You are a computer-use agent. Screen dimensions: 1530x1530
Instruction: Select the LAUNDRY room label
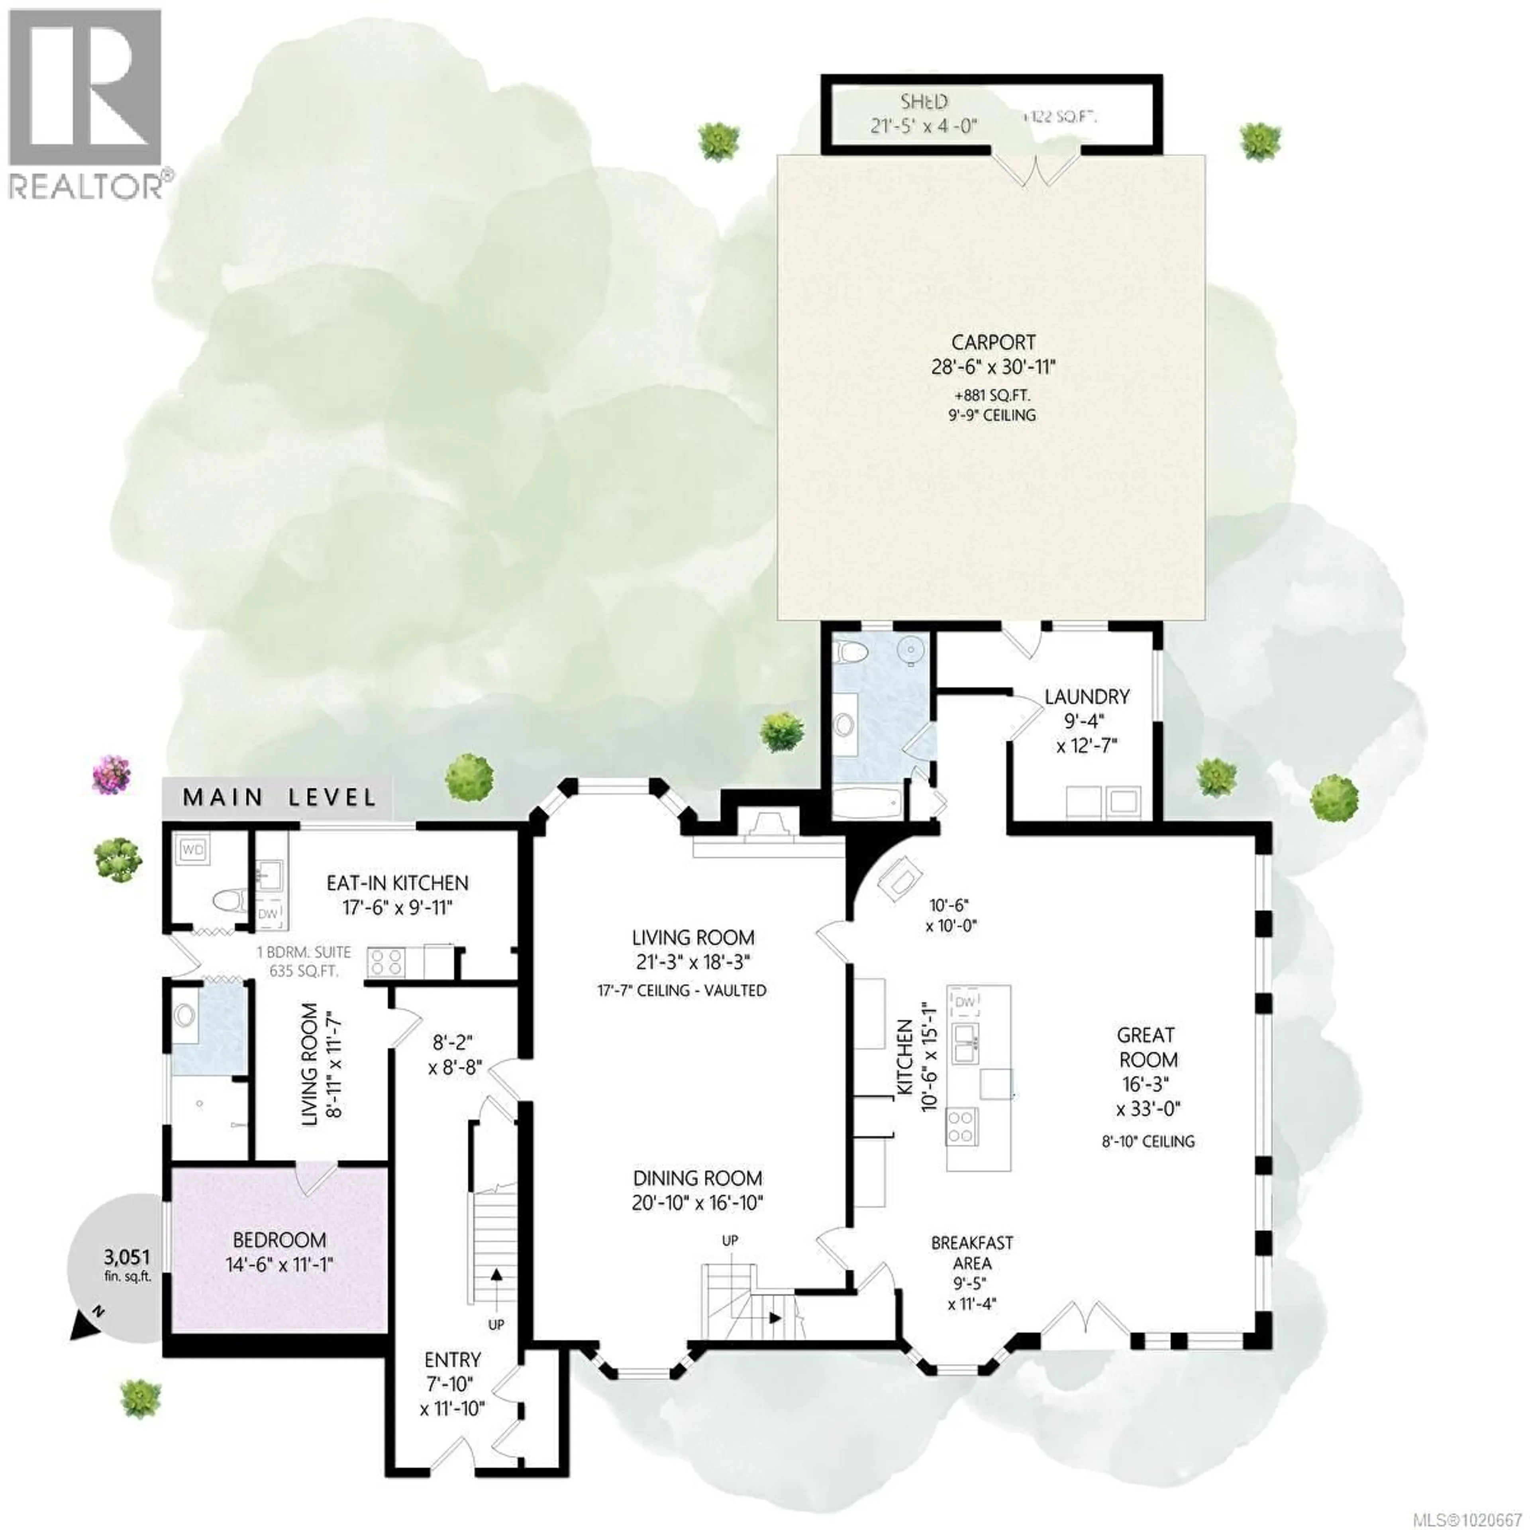1087,697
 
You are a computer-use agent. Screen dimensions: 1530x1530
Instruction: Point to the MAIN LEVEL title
279,797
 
